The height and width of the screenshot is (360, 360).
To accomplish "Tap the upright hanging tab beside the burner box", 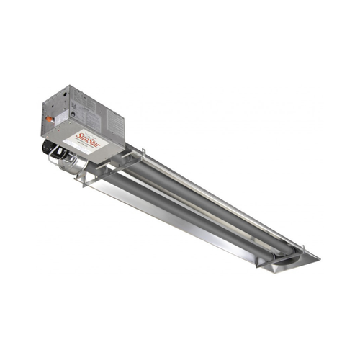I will coord(143,154).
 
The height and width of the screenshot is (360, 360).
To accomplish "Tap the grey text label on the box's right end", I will coord(116,126).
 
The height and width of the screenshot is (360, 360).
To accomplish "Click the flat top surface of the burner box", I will coord(86,97).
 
